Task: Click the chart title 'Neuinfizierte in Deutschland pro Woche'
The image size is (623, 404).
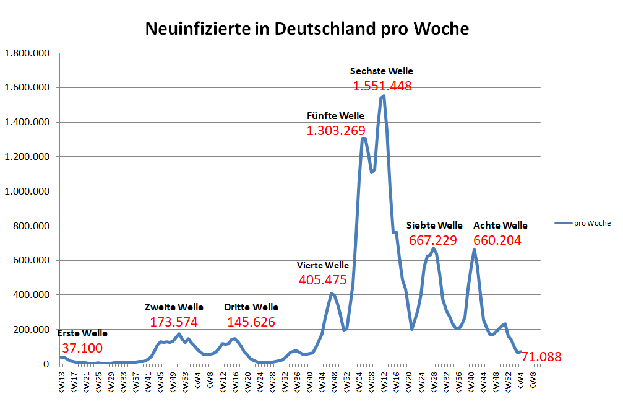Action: click(306, 29)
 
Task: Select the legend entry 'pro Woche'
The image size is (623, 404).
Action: click(592, 224)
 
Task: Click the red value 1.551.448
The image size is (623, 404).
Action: click(382, 86)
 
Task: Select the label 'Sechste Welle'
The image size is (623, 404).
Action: click(381, 71)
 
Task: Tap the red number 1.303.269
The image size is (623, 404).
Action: click(335, 131)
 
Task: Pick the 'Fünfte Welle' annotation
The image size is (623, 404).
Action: click(335, 116)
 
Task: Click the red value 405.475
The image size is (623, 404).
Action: click(322, 280)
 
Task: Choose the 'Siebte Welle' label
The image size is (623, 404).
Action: click(434, 226)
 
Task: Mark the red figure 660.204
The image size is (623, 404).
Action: click(497, 240)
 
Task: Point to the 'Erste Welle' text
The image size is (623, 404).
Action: click(82, 333)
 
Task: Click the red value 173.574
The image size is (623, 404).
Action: click(174, 322)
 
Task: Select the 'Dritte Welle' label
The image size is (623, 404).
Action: click(251, 307)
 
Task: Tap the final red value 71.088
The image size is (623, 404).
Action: click(541, 357)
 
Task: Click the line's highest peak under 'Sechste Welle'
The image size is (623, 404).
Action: click(384, 96)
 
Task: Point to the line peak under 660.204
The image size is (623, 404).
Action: click(474, 250)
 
